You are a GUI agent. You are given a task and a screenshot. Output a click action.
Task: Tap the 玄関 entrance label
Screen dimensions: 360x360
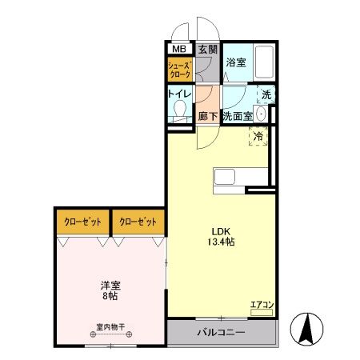coord(207,50)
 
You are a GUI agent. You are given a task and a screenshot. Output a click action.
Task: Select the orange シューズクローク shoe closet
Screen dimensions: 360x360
coord(180,70)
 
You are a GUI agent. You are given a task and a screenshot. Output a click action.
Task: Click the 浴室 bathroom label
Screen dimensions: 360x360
coord(235,62)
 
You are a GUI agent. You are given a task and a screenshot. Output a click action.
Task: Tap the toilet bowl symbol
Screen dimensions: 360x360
coord(181,110)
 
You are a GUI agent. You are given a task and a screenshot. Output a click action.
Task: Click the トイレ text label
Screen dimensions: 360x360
coord(178,94)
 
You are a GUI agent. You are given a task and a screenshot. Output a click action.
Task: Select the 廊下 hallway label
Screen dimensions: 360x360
coord(207,116)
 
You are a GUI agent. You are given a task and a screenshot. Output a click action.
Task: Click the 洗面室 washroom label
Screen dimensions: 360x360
coord(238,116)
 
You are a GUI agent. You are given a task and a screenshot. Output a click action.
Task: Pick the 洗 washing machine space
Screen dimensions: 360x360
coord(267,94)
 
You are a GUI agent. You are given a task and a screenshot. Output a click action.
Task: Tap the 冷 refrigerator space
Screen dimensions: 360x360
coord(258,137)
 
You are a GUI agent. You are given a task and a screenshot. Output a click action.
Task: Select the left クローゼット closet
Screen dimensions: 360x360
coord(82,222)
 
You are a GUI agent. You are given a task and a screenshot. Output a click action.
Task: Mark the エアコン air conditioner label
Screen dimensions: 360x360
coord(262,304)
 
